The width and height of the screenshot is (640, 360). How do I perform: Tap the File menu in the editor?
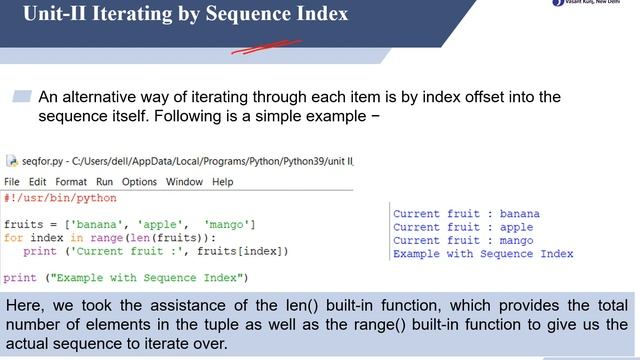click(12, 182)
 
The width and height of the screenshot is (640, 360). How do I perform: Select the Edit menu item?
click(38, 182)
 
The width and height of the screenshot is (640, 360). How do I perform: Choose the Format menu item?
click(71, 182)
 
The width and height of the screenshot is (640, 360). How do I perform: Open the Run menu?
click(105, 182)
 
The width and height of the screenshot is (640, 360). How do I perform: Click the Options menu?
click(139, 182)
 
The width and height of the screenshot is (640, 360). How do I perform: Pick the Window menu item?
click(184, 182)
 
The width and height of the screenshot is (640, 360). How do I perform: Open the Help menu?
click(222, 182)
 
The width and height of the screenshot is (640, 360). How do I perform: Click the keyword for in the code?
click(13, 238)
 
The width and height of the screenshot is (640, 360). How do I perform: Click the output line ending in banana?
click(466, 214)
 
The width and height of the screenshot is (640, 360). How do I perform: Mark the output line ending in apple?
click(463, 227)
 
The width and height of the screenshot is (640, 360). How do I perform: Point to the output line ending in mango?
click(463, 241)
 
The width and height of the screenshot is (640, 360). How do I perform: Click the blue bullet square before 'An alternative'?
click(22, 96)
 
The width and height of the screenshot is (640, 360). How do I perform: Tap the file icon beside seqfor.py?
click(11, 161)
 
